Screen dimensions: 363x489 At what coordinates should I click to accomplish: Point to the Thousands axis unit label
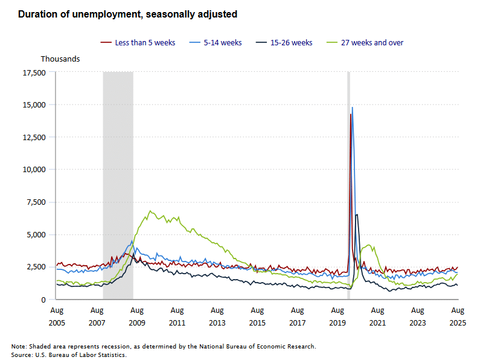60,59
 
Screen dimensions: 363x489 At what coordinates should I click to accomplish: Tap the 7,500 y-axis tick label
36,202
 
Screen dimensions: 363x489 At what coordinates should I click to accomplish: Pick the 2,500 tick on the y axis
36,266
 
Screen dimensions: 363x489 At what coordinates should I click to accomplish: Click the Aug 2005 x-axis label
56,316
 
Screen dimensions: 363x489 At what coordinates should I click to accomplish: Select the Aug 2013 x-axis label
217,316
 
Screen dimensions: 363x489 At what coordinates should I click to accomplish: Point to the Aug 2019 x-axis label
337,316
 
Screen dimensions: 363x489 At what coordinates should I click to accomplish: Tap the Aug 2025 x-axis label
458,316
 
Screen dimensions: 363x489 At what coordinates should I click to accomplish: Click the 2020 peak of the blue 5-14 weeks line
353,108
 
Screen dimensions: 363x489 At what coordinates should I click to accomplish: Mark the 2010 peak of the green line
150,211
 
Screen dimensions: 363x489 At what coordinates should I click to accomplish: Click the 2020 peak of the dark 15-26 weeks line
357,214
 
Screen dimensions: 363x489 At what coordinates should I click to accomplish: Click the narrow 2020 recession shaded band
348,181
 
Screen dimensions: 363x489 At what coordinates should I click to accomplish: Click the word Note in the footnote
19,347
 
